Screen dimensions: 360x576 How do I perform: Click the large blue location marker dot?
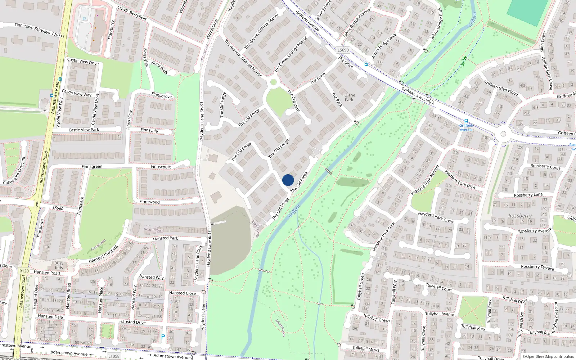point(288,180)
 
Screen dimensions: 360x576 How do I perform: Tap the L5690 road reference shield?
point(343,50)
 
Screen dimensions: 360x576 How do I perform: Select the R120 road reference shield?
point(24,271)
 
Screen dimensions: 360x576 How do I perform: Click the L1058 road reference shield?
point(114,356)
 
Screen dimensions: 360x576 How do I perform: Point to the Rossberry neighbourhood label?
point(520,216)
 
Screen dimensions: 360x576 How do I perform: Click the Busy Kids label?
point(59,265)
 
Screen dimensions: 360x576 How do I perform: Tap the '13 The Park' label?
point(349,98)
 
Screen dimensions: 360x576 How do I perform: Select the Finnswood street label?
point(149,202)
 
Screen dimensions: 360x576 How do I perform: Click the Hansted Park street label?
point(165,238)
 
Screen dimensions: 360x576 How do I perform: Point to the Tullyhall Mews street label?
point(365,349)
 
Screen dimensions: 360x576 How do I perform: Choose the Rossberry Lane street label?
point(528,195)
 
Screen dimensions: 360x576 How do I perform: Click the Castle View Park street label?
point(84,130)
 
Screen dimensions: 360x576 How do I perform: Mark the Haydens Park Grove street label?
point(436,217)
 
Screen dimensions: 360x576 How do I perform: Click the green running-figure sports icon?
point(464,60)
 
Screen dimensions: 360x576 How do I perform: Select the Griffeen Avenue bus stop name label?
point(466,127)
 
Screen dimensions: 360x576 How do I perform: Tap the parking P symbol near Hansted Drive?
point(163,337)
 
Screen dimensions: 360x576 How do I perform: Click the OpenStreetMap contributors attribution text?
point(548,356)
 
